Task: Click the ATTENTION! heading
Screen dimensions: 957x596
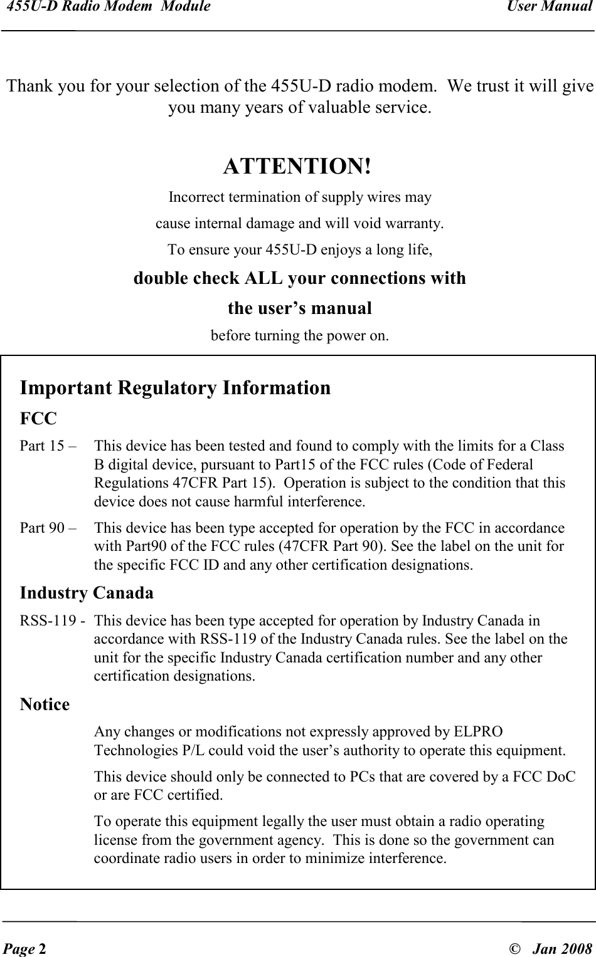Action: [x=297, y=167]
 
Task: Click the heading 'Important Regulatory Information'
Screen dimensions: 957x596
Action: [x=175, y=388]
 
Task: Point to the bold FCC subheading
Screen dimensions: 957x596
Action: [x=38, y=418]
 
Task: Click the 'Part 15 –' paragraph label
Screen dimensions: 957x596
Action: [x=48, y=446]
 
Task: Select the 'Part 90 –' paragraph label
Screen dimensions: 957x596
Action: [x=48, y=528]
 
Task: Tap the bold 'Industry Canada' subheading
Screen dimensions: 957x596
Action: [x=87, y=592]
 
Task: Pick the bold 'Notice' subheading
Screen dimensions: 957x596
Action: [x=45, y=704]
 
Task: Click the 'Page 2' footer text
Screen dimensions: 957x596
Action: [x=24, y=946]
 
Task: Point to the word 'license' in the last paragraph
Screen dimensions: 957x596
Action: [x=114, y=840]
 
